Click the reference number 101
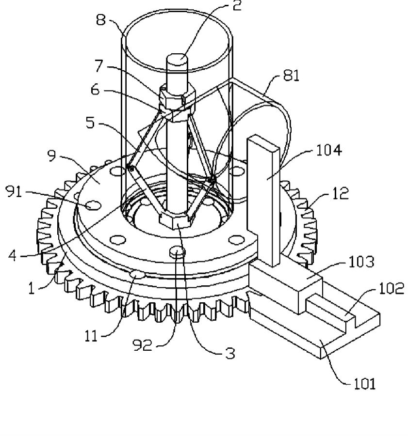click(364, 384)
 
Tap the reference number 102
click(392, 288)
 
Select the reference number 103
click(361, 262)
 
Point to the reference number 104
click(328, 150)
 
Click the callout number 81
click(291, 75)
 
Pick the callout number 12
click(341, 193)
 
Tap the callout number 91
click(14, 191)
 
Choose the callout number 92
click(143, 345)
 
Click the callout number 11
click(91, 336)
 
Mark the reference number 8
click(101, 20)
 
